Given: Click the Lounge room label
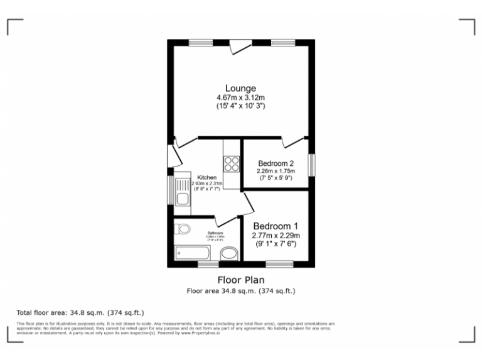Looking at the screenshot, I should pyautogui.click(x=241, y=88).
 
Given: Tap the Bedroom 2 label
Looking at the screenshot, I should pyautogui.click(x=276, y=163).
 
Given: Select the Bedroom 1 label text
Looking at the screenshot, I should pyautogui.click(x=276, y=226).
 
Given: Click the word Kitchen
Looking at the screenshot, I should pyautogui.click(x=206, y=177).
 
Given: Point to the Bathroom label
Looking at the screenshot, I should pyautogui.click(x=215, y=233).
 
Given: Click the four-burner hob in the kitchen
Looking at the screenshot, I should pyautogui.click(x=232, y=163).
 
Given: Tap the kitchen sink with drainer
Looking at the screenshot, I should pyautogui.click(x=183, y=192).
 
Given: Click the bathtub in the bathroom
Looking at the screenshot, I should pyautogui.click(x=194, y=253).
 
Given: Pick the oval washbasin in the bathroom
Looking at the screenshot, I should pyautogui.click(x=230, y=253).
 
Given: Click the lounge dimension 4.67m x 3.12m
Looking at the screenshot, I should pyautogui.click(x=241, y=98).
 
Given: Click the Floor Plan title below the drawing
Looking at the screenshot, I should pyautogui.click(x=240, y=280).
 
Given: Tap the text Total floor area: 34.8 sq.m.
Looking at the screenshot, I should pyautogui.click(x=80, y=312).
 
